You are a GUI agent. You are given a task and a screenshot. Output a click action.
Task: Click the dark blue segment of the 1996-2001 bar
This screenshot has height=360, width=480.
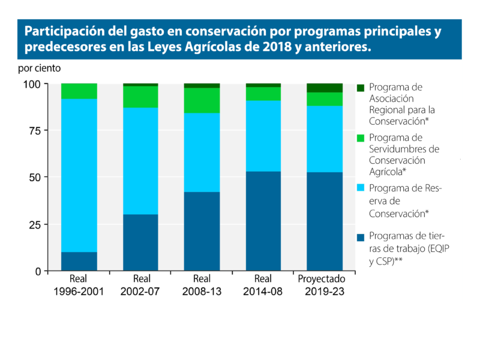pos(79,261)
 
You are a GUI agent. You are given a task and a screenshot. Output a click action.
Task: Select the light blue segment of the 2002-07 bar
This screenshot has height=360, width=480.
pos(140,161)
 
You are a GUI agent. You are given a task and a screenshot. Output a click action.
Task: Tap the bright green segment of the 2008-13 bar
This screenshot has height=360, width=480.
pos(202,100)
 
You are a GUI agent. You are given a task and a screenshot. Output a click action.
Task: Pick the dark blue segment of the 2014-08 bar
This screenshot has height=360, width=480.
pos(263,221)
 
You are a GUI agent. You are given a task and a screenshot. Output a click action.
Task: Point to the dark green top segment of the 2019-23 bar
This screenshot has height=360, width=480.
pos(325,88)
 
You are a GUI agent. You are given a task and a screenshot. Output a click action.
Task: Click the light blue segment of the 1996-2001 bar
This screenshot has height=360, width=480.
pos(79,175)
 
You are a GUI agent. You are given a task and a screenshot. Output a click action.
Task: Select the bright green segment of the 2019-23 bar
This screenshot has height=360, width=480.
pos(325,99)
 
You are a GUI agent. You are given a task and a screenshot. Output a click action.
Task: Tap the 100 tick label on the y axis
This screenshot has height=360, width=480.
pos(31,84)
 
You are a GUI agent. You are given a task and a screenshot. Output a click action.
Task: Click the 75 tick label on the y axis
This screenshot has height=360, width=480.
pos(34,131)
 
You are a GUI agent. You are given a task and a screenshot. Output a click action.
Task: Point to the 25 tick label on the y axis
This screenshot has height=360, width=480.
pos(34,224)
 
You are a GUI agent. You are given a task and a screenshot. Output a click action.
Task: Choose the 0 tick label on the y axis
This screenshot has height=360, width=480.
pos(37,271)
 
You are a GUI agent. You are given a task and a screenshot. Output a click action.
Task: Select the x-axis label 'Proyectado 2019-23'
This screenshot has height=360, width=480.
pos(325,285)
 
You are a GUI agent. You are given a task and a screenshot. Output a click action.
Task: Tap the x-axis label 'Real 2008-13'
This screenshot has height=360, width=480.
pos(202,285)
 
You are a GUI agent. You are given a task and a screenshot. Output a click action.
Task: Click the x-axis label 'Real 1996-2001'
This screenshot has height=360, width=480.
pos(79,285)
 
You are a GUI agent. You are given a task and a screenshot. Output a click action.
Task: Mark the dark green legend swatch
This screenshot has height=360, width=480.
pos(361,88)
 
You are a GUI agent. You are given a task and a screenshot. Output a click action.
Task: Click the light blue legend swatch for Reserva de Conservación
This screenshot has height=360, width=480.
pos(361,188)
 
